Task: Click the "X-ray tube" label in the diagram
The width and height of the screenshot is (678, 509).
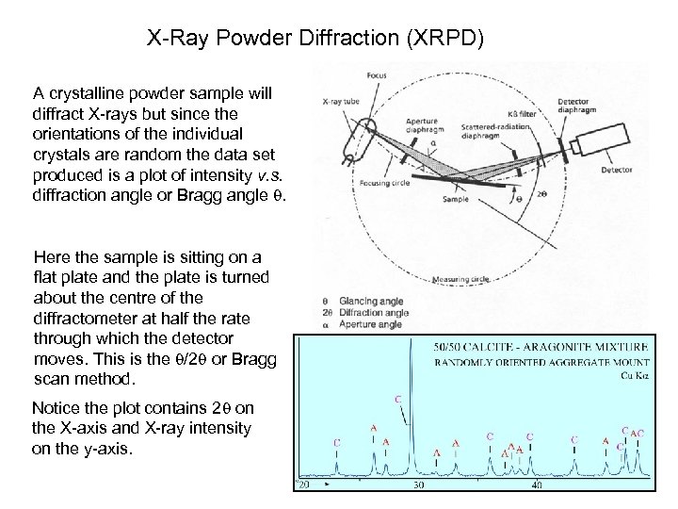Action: point(336,98)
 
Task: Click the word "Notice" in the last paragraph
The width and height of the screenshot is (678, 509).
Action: point(55,408)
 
